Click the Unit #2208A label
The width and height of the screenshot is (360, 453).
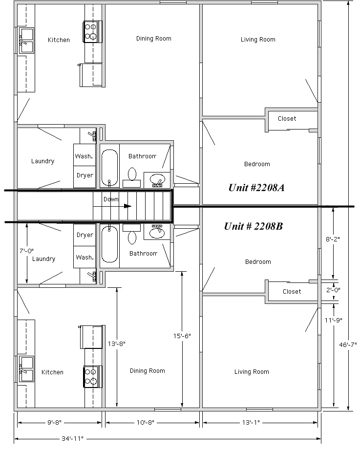pyautogui.click(x=256, y=188)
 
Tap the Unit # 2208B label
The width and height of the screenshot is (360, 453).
pyautogui.click(x=254, y=226)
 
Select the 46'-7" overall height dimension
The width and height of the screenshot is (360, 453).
pyautogui.click(x=348, y=345)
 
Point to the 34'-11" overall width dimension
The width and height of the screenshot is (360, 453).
pyautogui.click(x=72, y=438)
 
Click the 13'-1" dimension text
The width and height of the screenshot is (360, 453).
pyautogui.click(x=251, y=422)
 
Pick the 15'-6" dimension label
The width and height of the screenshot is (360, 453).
pyautogui.click(x=182, y=336)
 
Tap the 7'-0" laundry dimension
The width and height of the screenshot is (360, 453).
pyautogui.click(x=26, y=251)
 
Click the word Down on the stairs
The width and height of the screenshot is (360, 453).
pyautogui.click(x=111, y=199)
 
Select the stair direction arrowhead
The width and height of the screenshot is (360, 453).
pyautogui.click(x=127, y=206)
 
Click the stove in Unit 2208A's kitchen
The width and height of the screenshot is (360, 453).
pyautogui.click(x=93, y=31)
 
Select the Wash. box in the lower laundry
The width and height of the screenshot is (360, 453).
pyautogui.click(x=85, y=257)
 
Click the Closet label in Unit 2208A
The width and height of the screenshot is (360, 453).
pyautogui.click(x=287, y=118)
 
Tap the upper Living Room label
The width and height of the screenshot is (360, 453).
pyautogui.click(x=258, y=39)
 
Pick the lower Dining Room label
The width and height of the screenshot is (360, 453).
pyautogui.click(x=147, y=371)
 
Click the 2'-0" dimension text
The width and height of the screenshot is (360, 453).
pyautogui.click(x=333, y=290)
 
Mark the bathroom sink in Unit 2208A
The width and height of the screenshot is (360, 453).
pyautogui.click(x=157, y=180)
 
